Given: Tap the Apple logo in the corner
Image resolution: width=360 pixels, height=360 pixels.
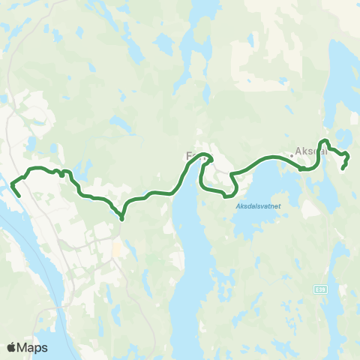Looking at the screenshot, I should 12,347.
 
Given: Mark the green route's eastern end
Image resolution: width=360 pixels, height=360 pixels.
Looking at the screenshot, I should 343,168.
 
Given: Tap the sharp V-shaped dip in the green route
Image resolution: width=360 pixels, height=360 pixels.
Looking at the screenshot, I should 121,218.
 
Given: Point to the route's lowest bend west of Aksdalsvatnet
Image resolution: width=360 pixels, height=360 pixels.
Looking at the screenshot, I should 226,196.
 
